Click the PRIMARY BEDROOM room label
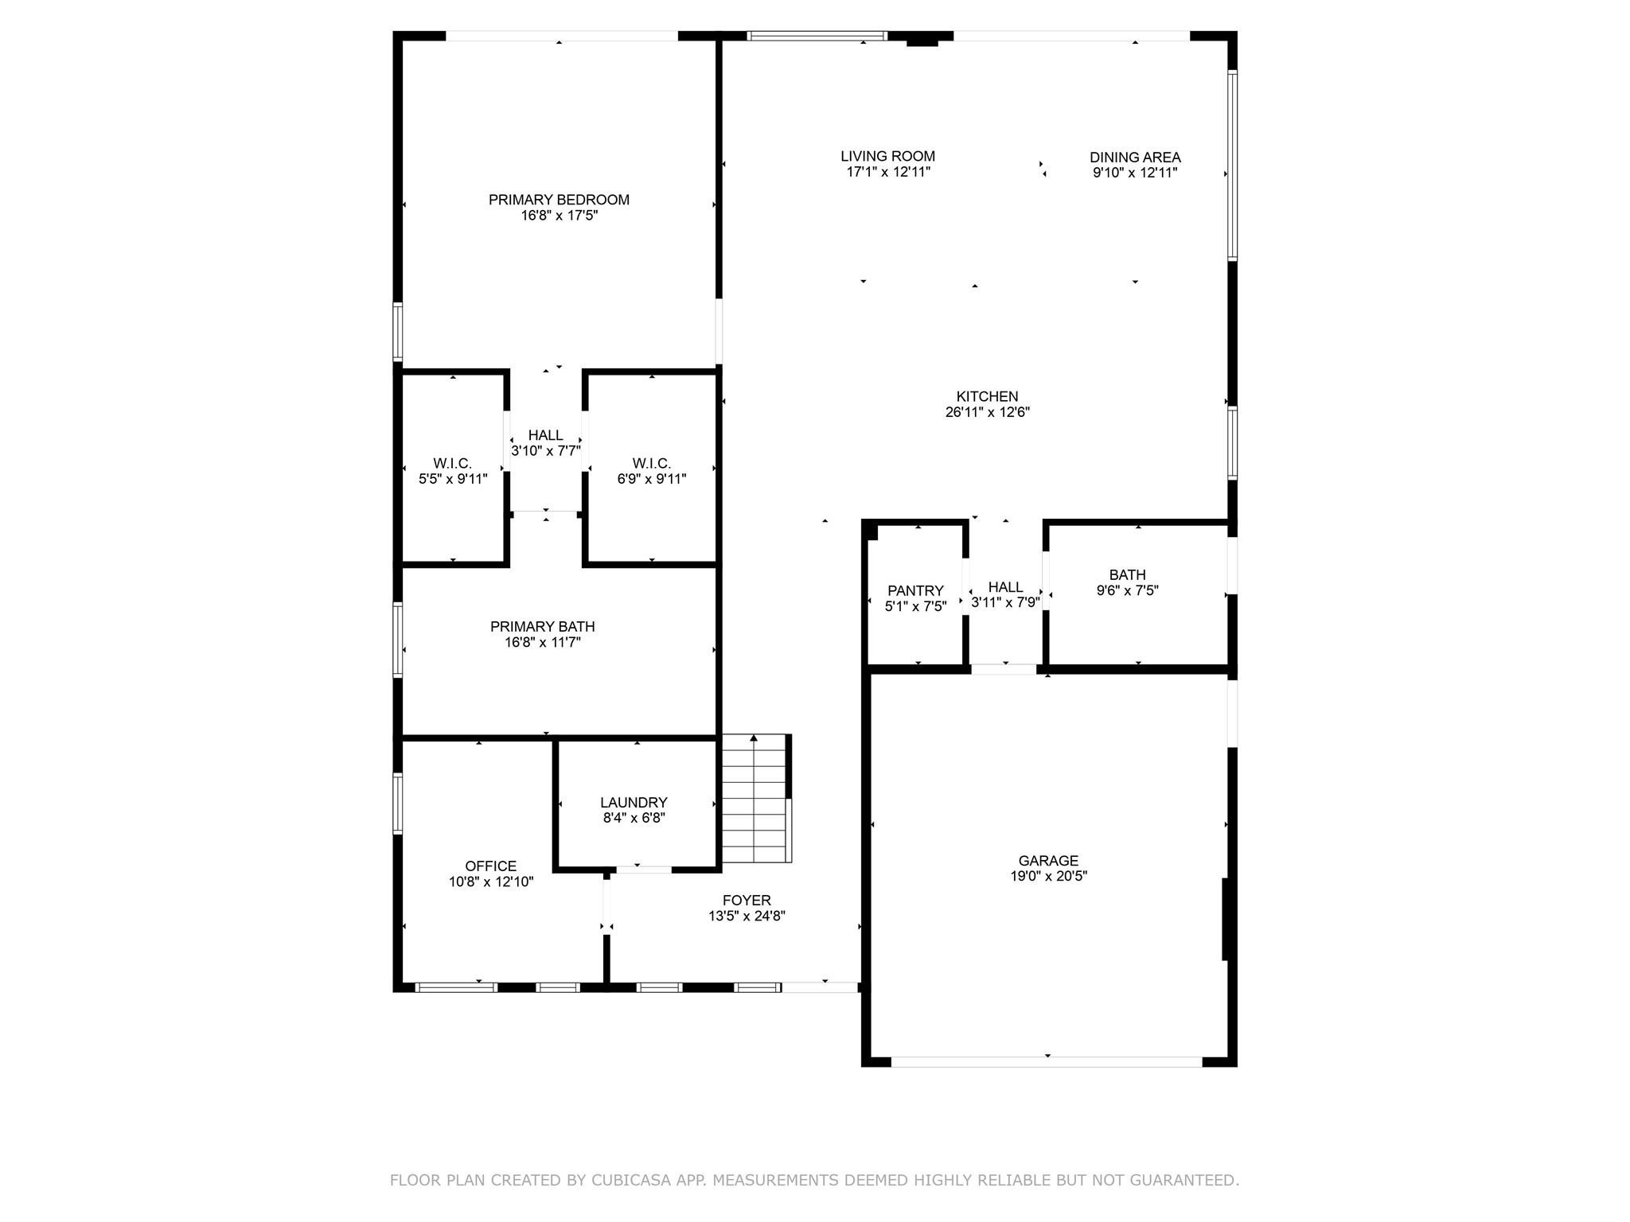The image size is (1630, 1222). click(559, 200)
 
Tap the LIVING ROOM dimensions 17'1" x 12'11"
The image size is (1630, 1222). click(888, 173)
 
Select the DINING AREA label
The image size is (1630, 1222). click(1135, 158)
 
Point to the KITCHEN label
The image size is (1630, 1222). click(987, 396)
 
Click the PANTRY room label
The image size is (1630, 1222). click(915, 590)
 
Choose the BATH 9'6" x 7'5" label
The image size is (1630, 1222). click(1127, 582)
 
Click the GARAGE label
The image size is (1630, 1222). click(1048, 860)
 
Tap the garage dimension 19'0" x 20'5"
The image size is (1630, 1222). click(1048, 876)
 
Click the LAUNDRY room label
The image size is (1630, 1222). click(634, 802)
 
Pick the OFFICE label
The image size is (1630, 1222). click(490, 866)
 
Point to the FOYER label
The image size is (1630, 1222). click(747, 900)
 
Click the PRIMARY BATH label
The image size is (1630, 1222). click(542, 626)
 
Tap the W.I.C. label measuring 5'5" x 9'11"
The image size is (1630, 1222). click(453, 471)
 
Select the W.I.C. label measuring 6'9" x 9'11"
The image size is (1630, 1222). click(652, 471)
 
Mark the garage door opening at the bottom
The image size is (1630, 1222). click(1047, 1061)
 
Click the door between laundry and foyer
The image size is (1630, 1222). click(643, 870)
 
